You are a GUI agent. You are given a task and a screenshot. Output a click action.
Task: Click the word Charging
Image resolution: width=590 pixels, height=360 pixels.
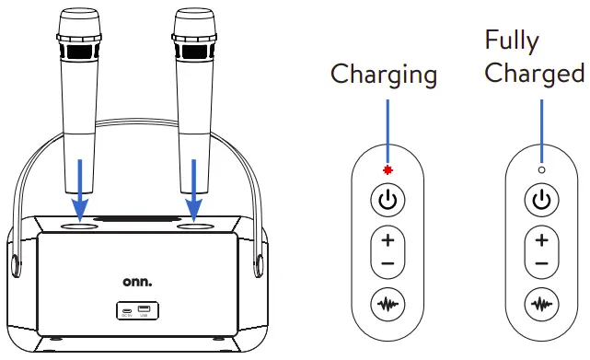(x=384, y=75)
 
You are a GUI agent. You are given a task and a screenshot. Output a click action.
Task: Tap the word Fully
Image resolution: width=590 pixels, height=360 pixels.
(x=512, y=41)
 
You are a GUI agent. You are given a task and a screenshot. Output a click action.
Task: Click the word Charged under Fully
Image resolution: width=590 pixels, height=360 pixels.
(x=535, y=74)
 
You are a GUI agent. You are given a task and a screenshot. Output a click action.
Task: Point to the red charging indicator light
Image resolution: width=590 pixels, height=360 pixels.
(x=388, y=170)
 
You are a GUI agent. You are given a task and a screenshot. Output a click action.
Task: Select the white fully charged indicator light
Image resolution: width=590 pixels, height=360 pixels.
(x=541, y=170)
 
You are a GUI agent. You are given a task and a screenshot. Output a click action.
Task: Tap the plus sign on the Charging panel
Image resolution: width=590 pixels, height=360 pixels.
(x=388, y=241)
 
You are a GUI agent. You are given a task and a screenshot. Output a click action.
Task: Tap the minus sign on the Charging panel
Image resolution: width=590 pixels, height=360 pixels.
(x=388, y=263)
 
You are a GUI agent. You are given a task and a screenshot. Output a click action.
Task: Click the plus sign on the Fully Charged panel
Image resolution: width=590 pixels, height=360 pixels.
(x=541, y=241)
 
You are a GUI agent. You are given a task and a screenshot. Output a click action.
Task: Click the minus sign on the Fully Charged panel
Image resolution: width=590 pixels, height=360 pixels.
(x=541, y=263)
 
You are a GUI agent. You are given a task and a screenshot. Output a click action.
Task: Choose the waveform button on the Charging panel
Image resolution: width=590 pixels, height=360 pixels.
(x=388, y=303)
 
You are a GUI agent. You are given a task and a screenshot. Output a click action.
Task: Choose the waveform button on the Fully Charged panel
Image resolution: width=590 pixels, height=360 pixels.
(x=541, y=303)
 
